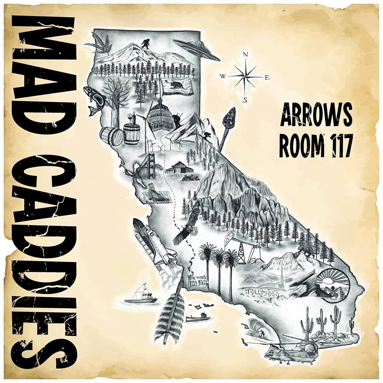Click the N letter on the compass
click(245, 55)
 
